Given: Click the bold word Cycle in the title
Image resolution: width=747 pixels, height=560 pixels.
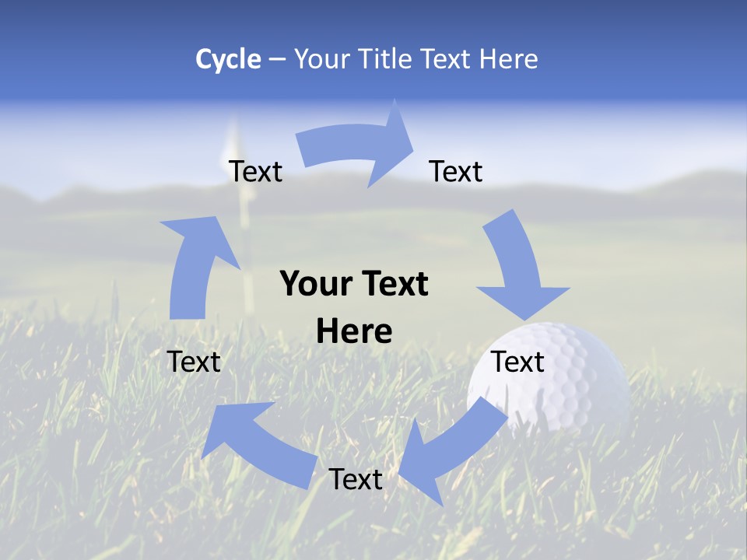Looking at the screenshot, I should (228, 59).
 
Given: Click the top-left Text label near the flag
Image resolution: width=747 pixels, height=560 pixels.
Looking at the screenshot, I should (255, 171).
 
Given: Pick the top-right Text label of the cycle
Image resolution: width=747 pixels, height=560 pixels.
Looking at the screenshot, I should (456, 171).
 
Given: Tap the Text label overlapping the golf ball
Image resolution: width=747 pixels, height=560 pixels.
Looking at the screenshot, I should (517, 362).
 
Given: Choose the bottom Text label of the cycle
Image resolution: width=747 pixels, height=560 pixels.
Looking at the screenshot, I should (356, 479).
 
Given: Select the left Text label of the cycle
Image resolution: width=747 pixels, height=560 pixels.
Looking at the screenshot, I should (194, 362).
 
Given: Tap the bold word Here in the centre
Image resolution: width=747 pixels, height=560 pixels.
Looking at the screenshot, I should (354, 331).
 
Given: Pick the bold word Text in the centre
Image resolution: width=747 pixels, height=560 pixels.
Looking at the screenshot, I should (394, 284).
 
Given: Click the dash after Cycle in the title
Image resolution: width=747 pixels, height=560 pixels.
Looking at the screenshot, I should (277, 59).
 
